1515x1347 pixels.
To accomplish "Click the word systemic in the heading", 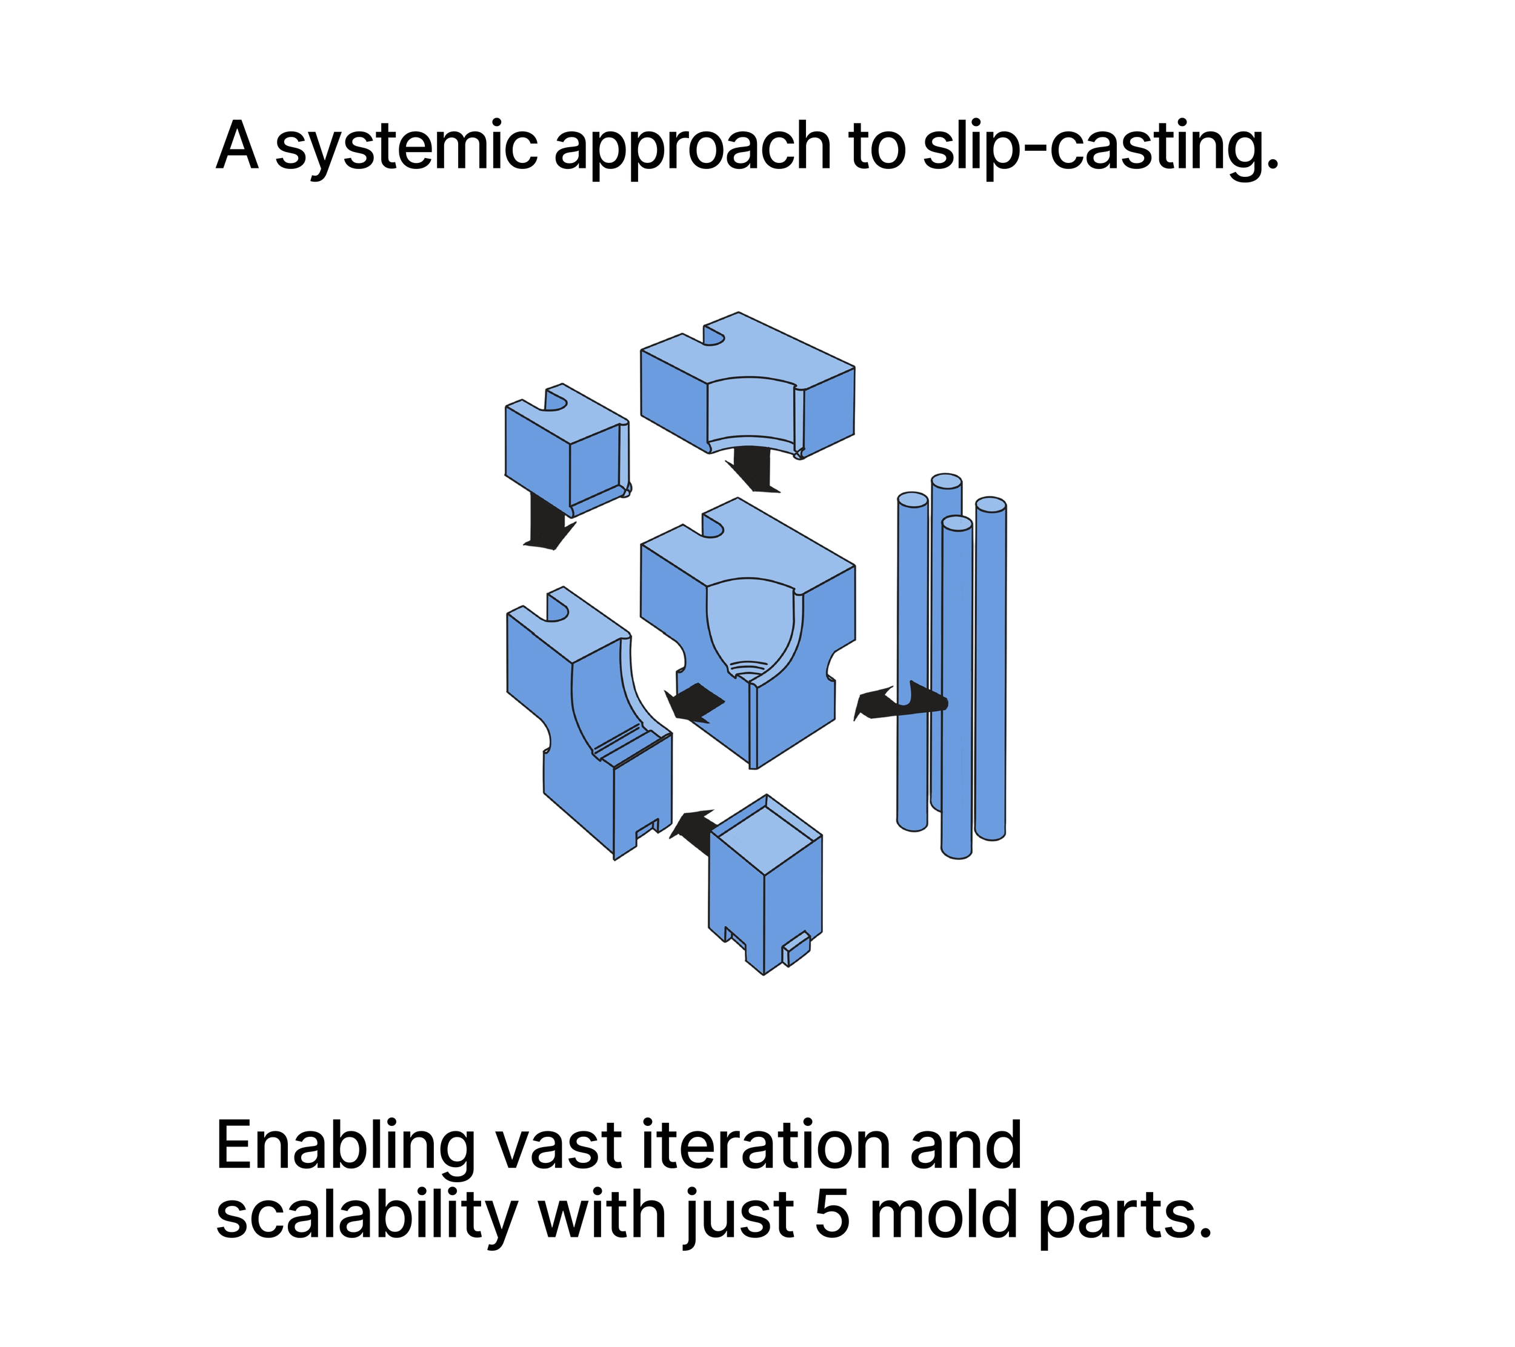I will (x=406, y=147).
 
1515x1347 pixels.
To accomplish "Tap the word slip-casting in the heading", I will (x=1100, y=147).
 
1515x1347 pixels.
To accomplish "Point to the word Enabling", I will (x=345, y=1148).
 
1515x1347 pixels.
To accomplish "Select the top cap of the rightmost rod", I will (x=990, y=505).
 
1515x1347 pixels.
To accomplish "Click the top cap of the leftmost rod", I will (x=913, y=500).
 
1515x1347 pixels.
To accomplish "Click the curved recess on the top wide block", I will (x=750, y=411).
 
